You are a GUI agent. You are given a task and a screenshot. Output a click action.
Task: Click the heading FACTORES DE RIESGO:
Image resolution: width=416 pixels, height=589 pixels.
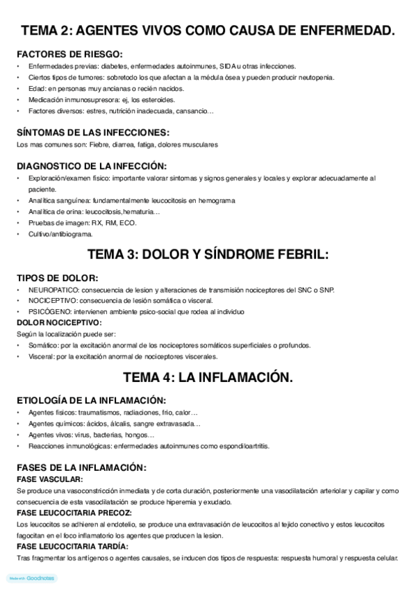pos(69,53)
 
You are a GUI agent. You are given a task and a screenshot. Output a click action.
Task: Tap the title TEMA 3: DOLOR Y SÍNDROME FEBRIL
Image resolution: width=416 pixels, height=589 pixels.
pos(208,254)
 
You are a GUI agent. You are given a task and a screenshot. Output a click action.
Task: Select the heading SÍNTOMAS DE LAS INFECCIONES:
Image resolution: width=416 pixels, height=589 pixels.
pos(92,132)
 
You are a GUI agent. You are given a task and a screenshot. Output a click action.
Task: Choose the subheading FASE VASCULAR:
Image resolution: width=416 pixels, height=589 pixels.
pos(49,480)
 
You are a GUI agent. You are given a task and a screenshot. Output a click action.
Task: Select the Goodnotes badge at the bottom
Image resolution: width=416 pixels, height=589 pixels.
pos(32,578)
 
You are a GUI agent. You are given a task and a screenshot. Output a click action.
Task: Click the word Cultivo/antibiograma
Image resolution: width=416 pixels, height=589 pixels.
pos(60,234)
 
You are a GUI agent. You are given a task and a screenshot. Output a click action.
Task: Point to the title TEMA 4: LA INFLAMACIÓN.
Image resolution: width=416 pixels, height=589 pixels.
pos(208,378)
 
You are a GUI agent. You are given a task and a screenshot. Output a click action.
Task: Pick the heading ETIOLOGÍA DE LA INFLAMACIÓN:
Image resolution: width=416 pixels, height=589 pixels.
pos(91,400)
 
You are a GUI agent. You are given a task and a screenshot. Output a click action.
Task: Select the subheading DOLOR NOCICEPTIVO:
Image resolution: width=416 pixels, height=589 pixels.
pos(59,323)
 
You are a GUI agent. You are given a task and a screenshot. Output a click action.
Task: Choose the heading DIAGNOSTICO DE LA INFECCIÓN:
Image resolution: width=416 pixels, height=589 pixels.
pos(91,166)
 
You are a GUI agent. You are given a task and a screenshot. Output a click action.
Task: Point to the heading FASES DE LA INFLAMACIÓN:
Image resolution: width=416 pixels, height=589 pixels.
pos(81,468)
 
